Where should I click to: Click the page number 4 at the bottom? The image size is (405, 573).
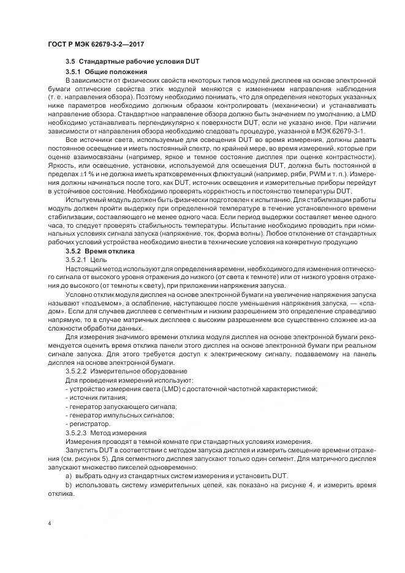tap(49, 523)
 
